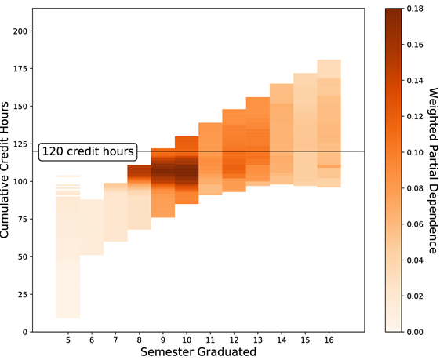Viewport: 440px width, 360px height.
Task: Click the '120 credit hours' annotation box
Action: pyautogui.click(x=88, y=152)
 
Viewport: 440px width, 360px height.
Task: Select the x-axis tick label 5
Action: pyautogui.click(x=68, y=340)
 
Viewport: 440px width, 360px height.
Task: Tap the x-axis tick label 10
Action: pyautogui.click(x=187, y=340)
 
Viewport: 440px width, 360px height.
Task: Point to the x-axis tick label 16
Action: pyautogui.click(x=329, y=340)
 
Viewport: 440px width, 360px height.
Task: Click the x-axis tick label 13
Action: pyautogui.click(x=258, y=340)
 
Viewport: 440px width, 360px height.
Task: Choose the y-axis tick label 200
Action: pyautogui.click(x=20, y=31)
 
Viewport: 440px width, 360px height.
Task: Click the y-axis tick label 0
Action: pyautogui.click(x=25, y=332)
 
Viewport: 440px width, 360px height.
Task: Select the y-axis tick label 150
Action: pyautogui.click(x=20, y=107)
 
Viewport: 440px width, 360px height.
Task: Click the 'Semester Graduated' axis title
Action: pyautogui.click(x=198, y=352)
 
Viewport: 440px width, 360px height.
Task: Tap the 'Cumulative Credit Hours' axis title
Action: pyautogui.click(x=5, y=170)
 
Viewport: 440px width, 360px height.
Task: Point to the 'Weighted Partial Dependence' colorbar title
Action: pyautogui.click(x=433, y=170)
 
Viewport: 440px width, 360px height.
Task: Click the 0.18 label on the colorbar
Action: pyautogui.click(x=415, y=9)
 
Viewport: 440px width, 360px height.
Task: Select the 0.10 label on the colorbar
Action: pyautogui.click(x=415, y=152)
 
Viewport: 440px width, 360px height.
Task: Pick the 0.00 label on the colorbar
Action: pyautogui.click(x=415, y=332)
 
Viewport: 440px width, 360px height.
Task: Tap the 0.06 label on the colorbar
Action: pyautogui.click(x=415, y=224)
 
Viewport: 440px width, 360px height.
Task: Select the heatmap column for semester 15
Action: pyautogui.click(x=305, y=129)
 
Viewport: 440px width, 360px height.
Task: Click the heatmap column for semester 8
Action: pyautogui.click(x=139, y=198)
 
